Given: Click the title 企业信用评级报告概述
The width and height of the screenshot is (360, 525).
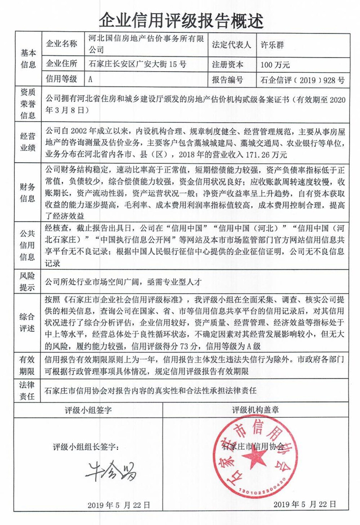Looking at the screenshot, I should (x=180, y=19).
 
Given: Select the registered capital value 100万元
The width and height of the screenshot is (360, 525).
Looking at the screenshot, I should (x=275, y=64).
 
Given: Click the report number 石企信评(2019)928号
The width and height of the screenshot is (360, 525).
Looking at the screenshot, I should (x=302, y=80).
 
